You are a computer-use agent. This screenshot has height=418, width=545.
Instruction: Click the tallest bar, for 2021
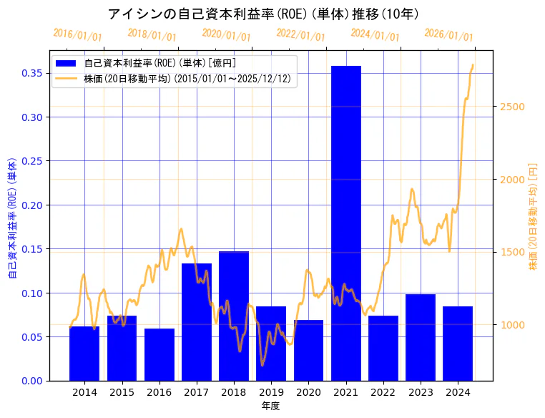(x=345, y=223)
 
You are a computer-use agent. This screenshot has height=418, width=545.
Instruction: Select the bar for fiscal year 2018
(x=234, y=316)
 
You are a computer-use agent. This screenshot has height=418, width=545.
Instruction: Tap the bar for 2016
(x=159, y=354)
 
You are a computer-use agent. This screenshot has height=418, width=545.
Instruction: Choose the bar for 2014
(x=84, y=354)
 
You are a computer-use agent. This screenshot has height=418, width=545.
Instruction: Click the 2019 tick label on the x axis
(x=271, y=392)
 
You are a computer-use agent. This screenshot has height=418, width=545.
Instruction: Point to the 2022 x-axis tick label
(x=383, y=392)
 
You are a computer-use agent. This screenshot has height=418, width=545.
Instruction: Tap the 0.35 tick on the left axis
(x=31, y=73)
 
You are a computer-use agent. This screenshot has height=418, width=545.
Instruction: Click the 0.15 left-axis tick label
(x=31, y=249)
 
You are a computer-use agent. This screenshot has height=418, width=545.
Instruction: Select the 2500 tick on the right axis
(x=511, y=107)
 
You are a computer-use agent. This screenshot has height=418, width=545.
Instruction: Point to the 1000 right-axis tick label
(x=511, y=325)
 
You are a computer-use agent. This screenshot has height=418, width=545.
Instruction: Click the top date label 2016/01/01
(x=77, y=34)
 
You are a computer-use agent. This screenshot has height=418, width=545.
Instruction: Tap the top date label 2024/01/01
(x=375, y=34)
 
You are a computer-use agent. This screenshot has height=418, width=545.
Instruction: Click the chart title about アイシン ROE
(x=263, y=14)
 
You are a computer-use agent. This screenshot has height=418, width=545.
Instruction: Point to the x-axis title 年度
(x=270, y=406)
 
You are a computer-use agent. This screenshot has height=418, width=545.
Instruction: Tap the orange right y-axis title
(x=533, y=216)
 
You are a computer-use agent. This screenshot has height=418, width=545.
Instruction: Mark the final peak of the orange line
(x=472, y=65)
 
